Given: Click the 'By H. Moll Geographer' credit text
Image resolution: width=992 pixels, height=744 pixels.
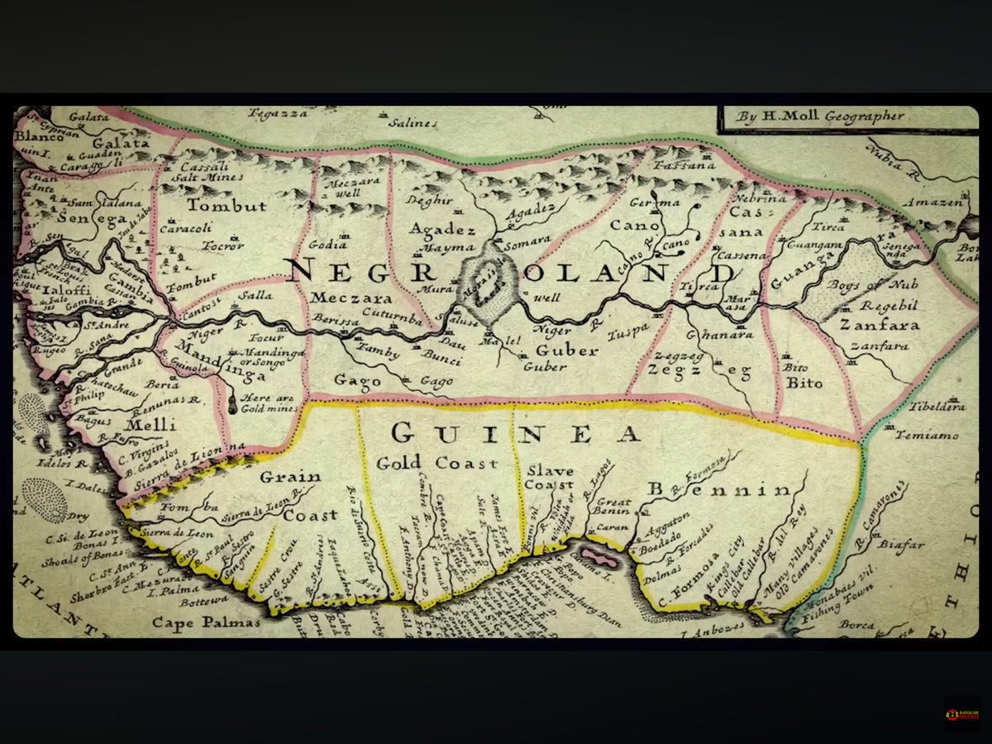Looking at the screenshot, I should [821, 117].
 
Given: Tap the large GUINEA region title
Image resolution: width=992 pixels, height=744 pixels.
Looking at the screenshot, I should [517, 432].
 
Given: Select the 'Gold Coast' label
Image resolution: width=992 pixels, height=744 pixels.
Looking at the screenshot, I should [437, 463].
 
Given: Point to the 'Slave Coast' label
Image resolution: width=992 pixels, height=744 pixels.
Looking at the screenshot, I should [550, 477].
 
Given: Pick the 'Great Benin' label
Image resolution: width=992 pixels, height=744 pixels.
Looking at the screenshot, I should [614, 506].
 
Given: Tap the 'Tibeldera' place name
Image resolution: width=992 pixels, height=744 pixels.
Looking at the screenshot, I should [937, 407].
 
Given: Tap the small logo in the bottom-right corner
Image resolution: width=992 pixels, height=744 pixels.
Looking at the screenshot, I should [962, 713].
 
